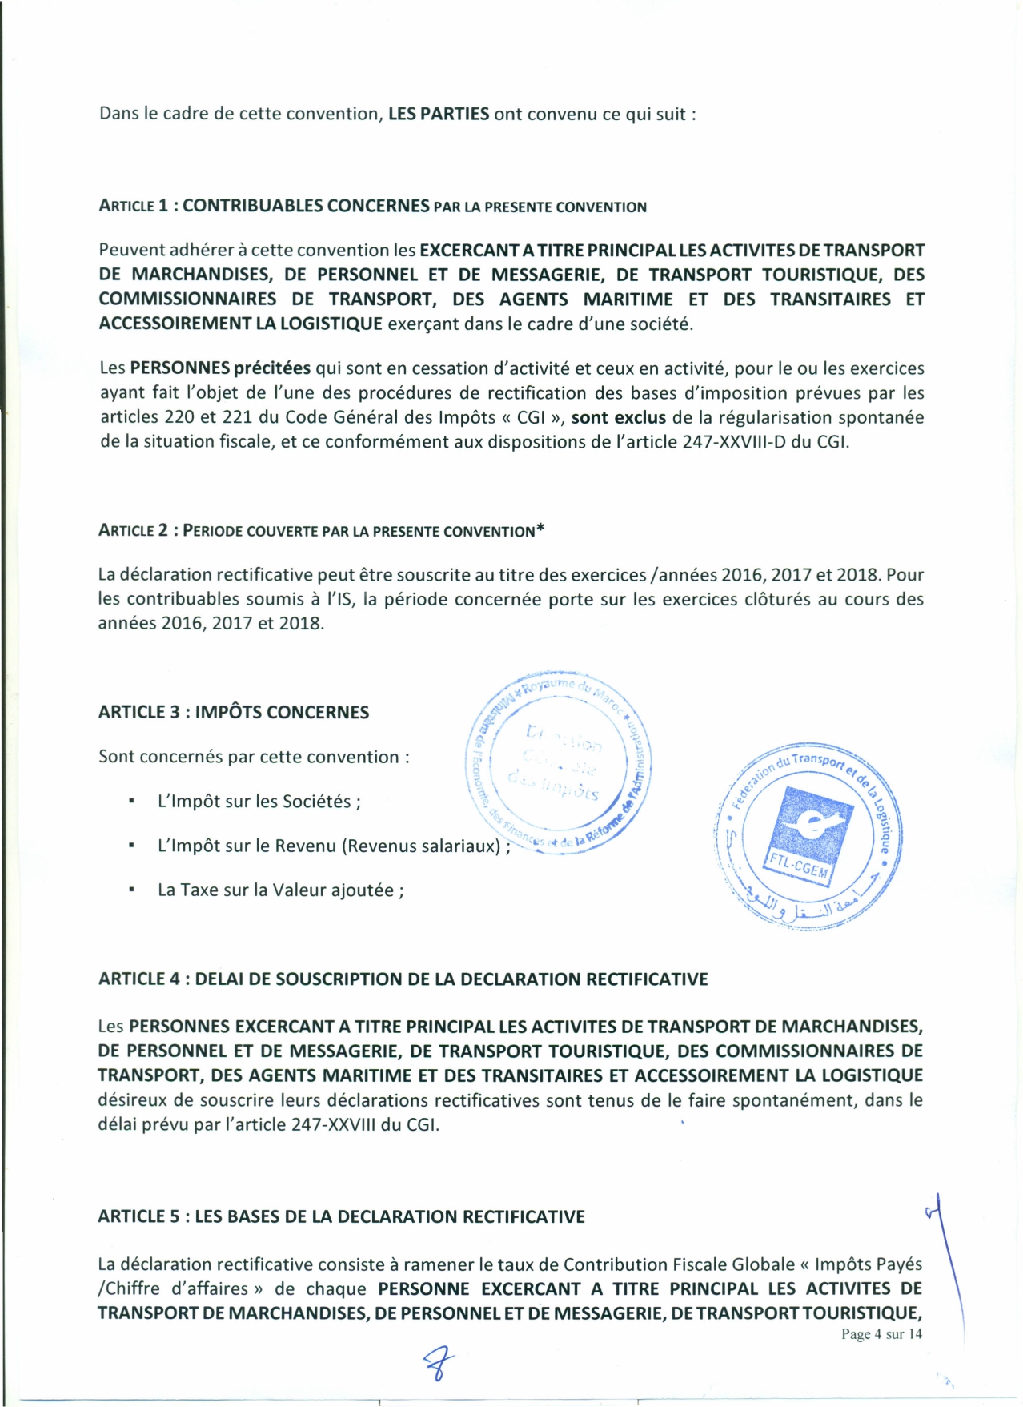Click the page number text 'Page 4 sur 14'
click(881, 1333)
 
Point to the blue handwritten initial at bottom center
click(438, 1361)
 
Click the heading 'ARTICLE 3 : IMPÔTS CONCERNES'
click(234, 712)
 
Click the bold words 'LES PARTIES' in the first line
click(439, 114)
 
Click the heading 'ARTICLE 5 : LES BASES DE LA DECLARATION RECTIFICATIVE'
click(341, 1216)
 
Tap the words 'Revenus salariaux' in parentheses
click(421, 846)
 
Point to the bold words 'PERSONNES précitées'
click(220, 368)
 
